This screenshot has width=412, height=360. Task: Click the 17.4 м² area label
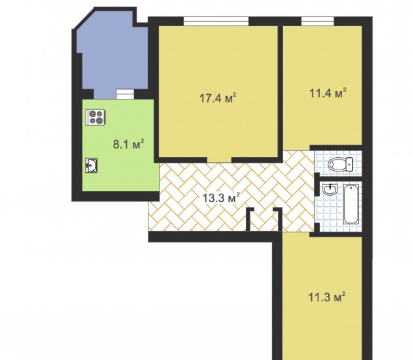coord(218,98)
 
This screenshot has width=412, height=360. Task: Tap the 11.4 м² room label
coord(328,93)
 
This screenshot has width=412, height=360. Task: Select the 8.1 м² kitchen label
coord(128,144)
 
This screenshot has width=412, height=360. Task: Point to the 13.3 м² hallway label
coord(221,198)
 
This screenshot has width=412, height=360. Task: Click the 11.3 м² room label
coord(326,297)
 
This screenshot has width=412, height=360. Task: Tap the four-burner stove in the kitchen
coord(95,117)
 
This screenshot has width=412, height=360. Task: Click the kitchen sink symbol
coord(91,166)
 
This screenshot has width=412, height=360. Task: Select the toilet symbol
coord(341,164)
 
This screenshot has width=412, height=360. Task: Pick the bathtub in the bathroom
coord(351,204)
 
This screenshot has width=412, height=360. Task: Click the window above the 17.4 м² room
coord(216,21)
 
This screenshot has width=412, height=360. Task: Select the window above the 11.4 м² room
coord(317,21)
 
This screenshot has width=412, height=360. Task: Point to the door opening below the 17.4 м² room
coord(219,160)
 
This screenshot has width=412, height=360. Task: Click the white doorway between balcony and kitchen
coord(125,94)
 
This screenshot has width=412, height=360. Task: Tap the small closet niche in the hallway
coord(264,220)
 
